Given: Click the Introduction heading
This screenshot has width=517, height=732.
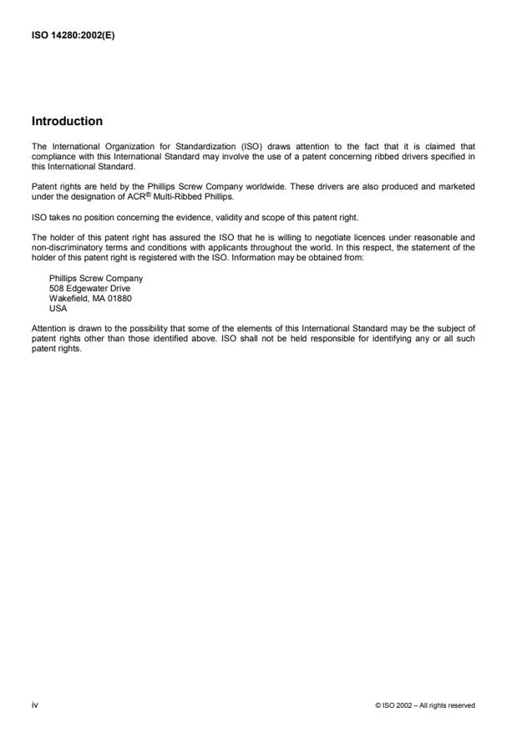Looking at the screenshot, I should tap(67, 121).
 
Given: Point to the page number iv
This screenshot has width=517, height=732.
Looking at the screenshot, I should tap(34, 705).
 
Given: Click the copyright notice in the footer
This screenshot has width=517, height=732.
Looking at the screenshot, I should tap(426, 706).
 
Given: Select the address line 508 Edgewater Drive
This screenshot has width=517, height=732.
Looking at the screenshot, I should tap(89, 287).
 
